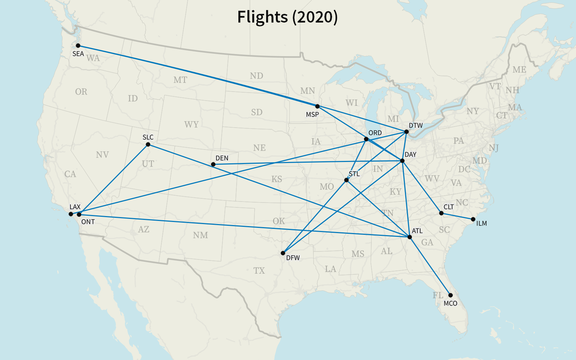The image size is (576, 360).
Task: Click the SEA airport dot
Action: [78, 45]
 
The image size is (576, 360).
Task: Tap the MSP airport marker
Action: [317, 106]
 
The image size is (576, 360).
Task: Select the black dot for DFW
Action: [283, 253]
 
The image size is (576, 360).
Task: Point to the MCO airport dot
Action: [450, 295]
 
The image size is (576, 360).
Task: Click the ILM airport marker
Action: [473, 219]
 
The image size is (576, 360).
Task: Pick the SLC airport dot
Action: [148, 144]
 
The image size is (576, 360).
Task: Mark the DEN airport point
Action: [213, 164]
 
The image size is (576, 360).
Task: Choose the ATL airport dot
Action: [409, 237]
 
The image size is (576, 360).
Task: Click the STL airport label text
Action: [354, 174]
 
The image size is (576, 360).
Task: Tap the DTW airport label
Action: [416, 126]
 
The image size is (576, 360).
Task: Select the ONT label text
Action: [88, 222]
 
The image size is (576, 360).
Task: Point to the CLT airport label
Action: [449, 207]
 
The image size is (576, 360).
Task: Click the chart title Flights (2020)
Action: [287, 17]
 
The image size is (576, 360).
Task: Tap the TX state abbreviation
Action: [259, 271]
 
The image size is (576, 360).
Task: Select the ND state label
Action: [256, 76]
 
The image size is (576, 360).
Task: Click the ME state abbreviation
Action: [519, 70]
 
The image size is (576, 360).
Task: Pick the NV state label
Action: [102, 155]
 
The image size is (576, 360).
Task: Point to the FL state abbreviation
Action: [438, 295]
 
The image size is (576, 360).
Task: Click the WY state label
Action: [192, 125]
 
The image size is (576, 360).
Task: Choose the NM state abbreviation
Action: [201, 235]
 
